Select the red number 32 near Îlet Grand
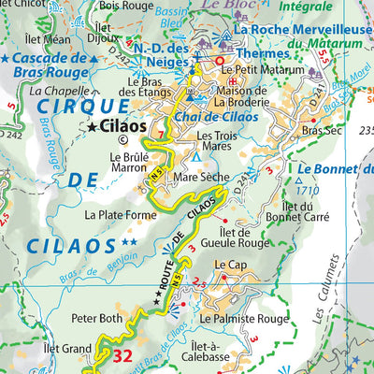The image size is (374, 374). pyautogui.click(x=122, y=355)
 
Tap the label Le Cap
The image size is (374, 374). pyautogui.click(x=228, y=265)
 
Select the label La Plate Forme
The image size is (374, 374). pyautogui.click(x=118, y=214)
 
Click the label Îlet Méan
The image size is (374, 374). pyautogui.click(x=50, y=39)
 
